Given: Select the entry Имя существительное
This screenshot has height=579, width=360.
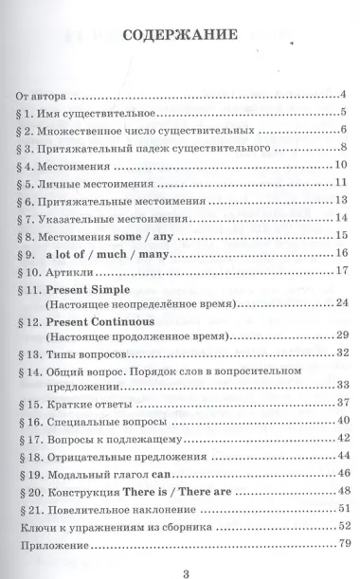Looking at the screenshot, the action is (101, 114).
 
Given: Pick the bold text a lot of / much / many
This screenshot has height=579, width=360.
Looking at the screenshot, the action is (103, 253).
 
